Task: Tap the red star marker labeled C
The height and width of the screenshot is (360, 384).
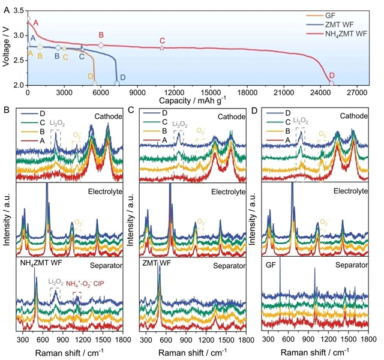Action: pos(162,47)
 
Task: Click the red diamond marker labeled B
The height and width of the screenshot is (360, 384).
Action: pos(101,45)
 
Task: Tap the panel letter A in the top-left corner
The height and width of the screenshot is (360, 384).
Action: pos(6,5)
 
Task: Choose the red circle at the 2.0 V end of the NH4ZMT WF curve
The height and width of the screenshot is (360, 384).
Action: pos(331,83)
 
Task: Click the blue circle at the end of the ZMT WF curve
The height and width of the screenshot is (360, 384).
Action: pos(116,83)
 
